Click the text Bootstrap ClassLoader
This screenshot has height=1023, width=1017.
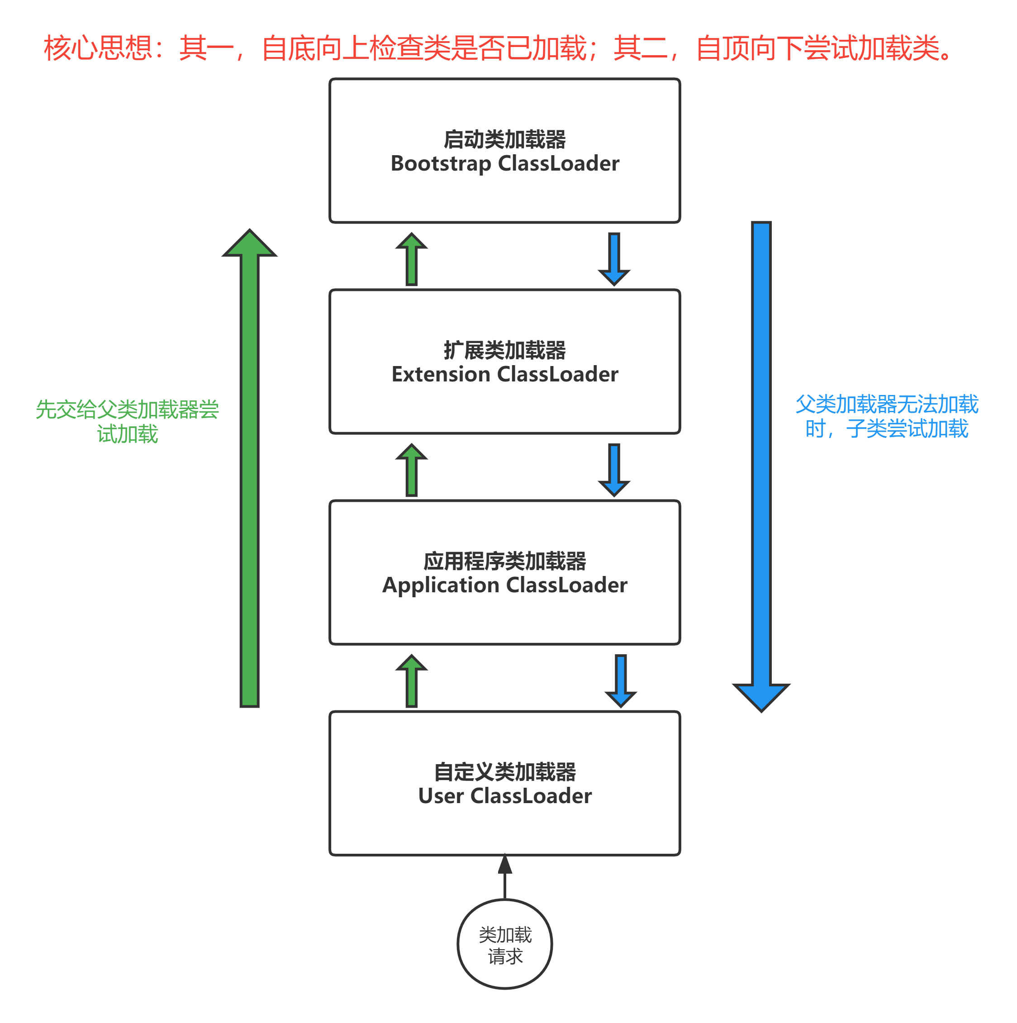pyautogui.click(x=504, y=164)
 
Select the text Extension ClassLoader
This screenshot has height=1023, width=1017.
pyautogui.click(x=504, y=374)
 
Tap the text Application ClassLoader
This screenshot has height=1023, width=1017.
pyautogui.click(x=504, y=585)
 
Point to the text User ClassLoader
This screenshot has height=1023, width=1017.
pyautogui.click(x=504, y=796)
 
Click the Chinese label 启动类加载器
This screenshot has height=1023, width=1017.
pyautogui.click(x=504, y=139)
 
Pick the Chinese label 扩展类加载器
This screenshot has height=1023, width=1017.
pyautogui.click(x=504, y=350)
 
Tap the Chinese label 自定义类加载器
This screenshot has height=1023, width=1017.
pyautogui.click(x=504, y=771)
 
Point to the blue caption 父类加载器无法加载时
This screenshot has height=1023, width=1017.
pyautogui.click(x=887, y=416)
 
